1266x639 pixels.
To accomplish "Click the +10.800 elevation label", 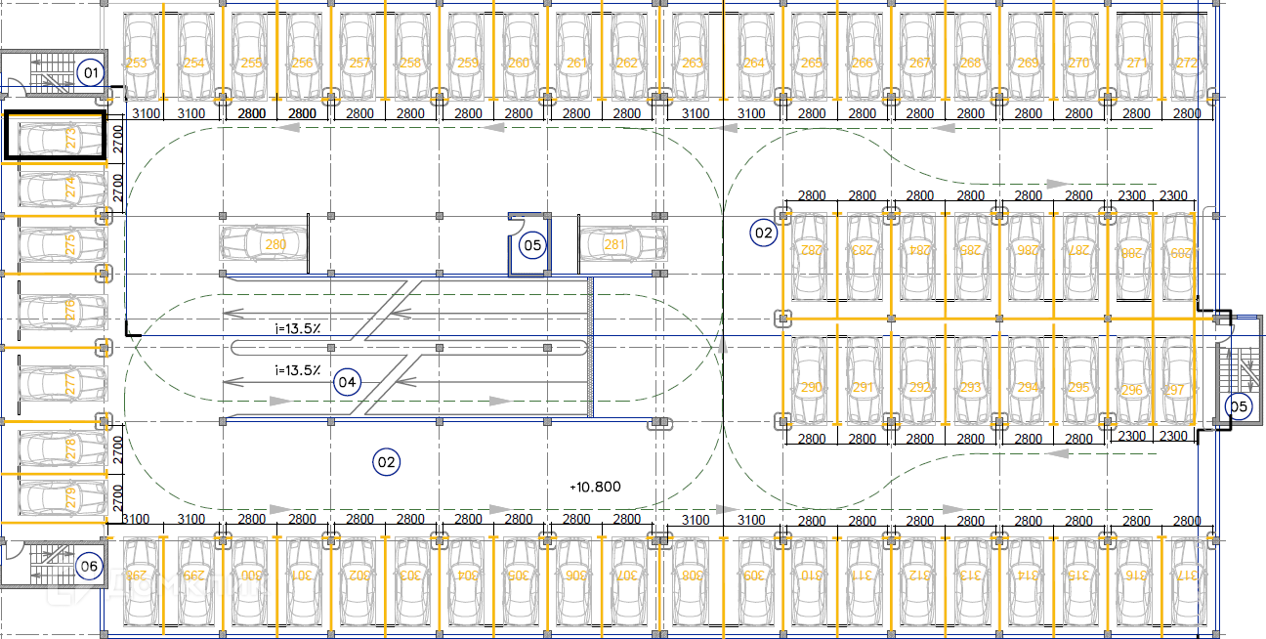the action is click(595, 487).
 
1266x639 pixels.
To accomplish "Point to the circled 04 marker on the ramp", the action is click(347, 381).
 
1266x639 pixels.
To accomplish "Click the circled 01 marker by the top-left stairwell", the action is click(91, 72).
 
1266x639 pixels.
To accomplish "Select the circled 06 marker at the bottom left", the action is click(89, 566).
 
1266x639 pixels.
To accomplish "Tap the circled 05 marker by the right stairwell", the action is click(1238, 406).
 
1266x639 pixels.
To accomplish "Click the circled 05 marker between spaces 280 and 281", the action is click(532, 244).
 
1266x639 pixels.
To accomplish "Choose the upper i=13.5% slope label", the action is click(298, 328).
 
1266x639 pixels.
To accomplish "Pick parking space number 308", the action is click(692, 575).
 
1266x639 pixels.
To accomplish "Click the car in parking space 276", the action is click(61, 312).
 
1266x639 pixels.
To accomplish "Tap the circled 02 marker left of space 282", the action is click(763, 233).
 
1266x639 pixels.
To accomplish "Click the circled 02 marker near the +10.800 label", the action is click(387, 462).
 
